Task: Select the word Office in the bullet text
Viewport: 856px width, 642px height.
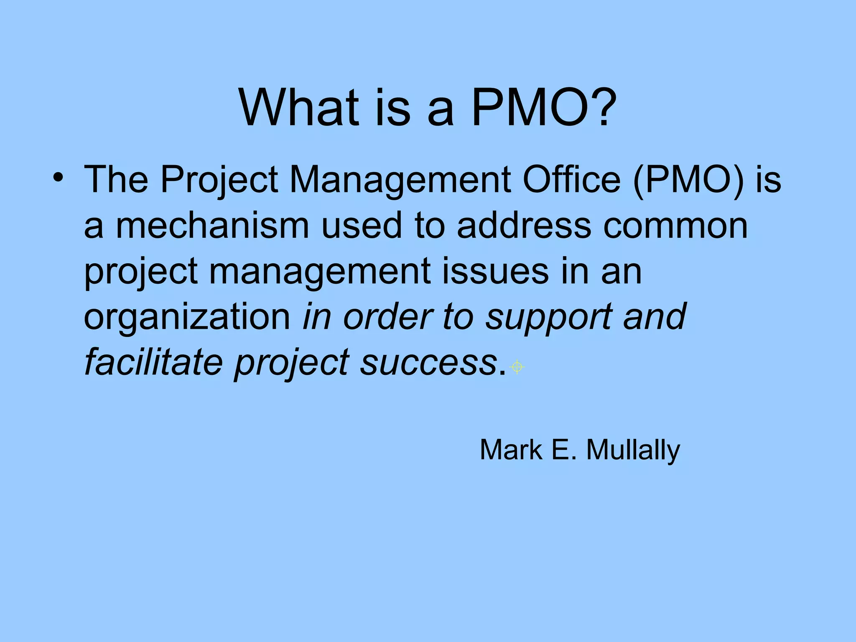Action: (x=571, y=180)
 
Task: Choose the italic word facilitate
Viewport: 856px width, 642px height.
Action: (x=153, y=362)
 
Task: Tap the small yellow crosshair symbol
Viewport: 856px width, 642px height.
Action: (x=517, y=367)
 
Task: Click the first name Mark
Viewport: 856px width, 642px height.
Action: (x=511, y=450)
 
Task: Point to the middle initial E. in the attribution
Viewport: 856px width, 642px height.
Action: (x=564, y=450)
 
